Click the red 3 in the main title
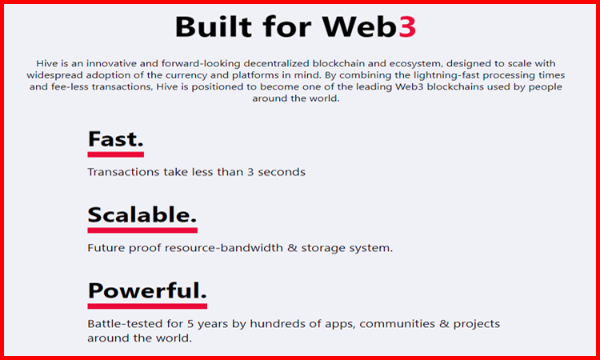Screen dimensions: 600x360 point(407,26)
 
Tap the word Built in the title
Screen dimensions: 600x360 point(214,26)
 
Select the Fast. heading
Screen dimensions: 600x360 point(115,139)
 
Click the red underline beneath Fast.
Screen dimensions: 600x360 point(115,154)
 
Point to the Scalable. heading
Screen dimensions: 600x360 point(142,214)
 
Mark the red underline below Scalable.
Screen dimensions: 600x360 point(142,230)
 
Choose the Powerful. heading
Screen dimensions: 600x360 point(147,291)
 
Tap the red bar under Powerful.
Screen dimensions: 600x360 point(147,306)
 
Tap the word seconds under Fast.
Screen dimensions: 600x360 point(282,172)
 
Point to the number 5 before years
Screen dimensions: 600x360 point(190,324)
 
